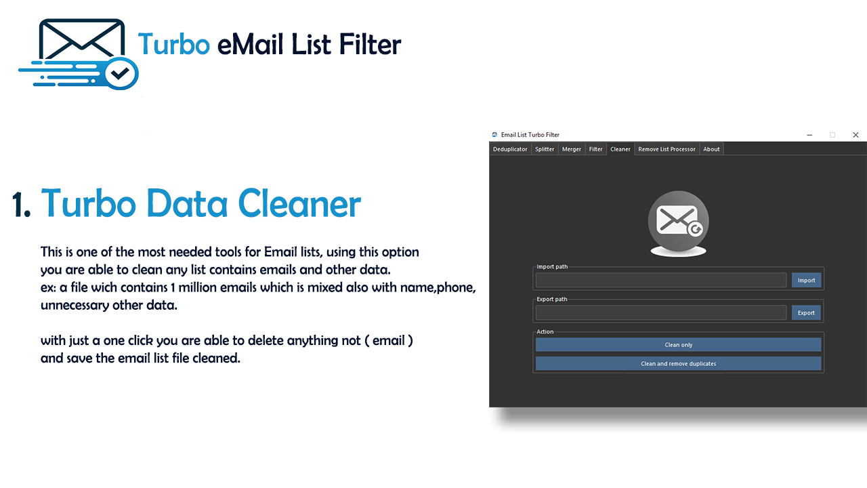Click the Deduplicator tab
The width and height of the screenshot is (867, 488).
coord(510,149)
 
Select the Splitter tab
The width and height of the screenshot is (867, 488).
coord(545,149)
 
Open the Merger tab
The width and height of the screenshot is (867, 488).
coord(571,149)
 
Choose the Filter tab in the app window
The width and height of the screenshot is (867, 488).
coord(595,149)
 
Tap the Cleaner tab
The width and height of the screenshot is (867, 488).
coord(620,149)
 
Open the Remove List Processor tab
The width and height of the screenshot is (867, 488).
coord(667,149)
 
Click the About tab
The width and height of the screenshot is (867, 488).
coord(711,149)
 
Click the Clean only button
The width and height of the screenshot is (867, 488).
coord(678,345)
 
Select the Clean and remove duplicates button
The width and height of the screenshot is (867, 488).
coord(678,364)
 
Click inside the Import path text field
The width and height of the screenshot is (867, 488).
coord(661,280)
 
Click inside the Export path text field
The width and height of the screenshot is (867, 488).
coord(661,312)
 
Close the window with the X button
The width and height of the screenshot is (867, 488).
coord(855,135)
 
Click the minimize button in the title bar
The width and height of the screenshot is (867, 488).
coord(809,135)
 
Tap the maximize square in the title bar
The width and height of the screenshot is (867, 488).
coord(832,135)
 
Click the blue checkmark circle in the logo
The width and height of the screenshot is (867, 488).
coord(121,74)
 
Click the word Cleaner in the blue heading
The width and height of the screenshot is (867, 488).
coord(299,204)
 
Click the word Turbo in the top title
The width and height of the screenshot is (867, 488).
coord(174,44)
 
